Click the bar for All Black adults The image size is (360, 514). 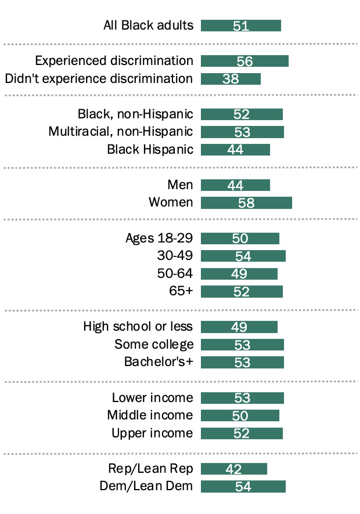point(241,26)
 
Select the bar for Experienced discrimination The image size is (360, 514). point(244,61)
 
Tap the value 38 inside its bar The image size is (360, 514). point(231,79)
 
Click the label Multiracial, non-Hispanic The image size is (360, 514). point(121,132)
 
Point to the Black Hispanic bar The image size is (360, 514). point(235,150)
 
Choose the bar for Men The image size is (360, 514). point(235,185)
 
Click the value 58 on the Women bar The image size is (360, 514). point(246,202)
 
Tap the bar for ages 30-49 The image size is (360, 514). point(243,256)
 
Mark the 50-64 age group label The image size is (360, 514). point(175,273)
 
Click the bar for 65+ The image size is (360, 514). point(242,291)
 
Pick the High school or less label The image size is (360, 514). point(138,327)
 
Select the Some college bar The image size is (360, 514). point(242,345)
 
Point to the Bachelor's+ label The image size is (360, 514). point(159,362)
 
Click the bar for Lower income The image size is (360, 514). point(242,398)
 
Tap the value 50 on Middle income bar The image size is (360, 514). point(240,415)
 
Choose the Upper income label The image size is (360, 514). point(152,433)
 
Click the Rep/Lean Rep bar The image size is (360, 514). point(234,469)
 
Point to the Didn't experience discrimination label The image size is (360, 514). point(99,78)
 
